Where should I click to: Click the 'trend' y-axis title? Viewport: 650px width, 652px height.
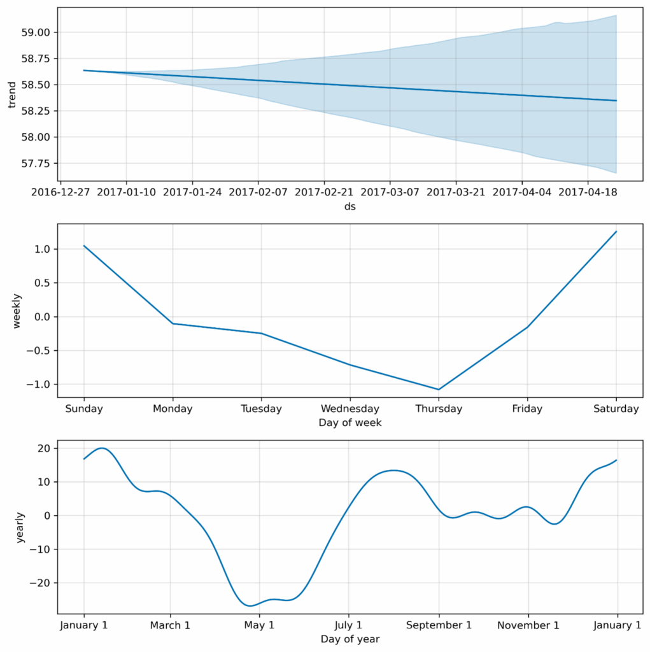click(x=11, y=95)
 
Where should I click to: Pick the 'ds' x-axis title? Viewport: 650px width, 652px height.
click(x=350, y=206)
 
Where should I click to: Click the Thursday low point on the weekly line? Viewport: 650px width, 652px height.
click(x=439, y=389)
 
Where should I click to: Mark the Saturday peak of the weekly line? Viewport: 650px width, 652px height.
click(x=616, y=232)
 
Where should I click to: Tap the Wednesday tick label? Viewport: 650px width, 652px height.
click(x=350, y=409)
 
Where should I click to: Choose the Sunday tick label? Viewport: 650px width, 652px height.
click(x=84, y=409)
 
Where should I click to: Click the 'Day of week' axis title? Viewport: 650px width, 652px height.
click(x=350, y=423)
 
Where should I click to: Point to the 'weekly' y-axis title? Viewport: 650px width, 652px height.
click(x=17, y=311)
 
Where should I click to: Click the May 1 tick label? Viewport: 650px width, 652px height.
click(x=259, y=625)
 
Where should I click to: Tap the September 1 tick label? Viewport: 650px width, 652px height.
click(x=438, y=625)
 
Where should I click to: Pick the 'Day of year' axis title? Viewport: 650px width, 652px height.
click(x=350, y=639)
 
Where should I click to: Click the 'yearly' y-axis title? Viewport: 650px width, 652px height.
click(x=20, y=527)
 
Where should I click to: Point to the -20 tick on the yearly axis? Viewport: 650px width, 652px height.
click(x=39, y=583)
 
